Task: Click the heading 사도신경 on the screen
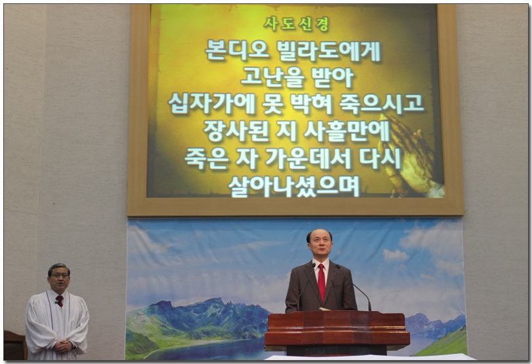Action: (x=296, y=24)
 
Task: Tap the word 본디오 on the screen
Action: (x=237, y=51)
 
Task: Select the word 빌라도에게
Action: (x=329, y=51)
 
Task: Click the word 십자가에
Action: (x=212, y=103)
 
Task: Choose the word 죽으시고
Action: (x=382, y=103)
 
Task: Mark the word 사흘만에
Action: (x=347, y=131)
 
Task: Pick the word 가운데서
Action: (x=308, y=158)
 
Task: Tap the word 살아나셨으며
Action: (x=294, y=186)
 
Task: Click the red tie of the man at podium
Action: (x=321, y=282)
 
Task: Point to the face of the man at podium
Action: (x=320, y=245)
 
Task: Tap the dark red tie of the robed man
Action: (x=60, y=300)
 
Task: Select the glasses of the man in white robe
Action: (x=60, y=276)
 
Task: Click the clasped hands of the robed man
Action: (x=63, y=346)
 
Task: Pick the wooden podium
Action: (x=337, y=333)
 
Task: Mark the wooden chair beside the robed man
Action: (x=15, y=346)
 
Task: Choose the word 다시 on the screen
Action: (x=381, y=158)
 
